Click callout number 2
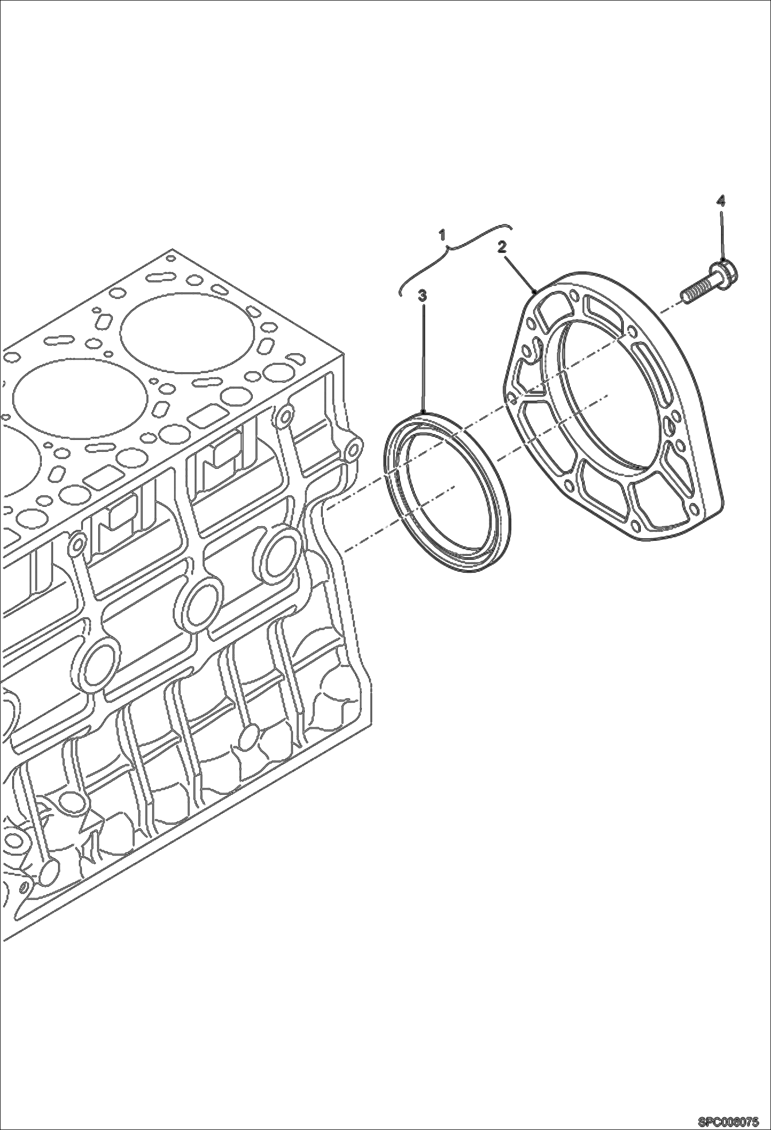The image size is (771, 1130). coord(502,247)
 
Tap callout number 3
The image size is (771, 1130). coord(423,295)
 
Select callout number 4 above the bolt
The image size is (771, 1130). coord(721,200)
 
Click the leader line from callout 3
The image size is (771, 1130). coord(423,355)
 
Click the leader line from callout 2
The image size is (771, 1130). coord(520,272)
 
